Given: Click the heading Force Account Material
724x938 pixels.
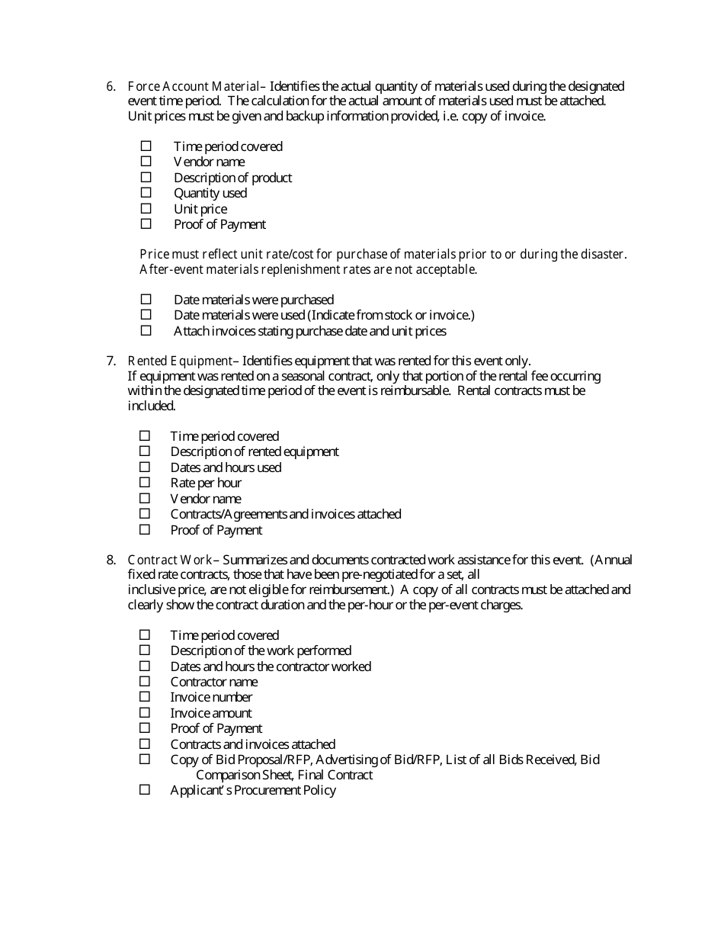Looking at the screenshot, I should (x=194, y=86).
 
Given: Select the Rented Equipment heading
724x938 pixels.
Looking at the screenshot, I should (x=179, y=361).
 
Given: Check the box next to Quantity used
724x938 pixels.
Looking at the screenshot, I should (x=146, y=193).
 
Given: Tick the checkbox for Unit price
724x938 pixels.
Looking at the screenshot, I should (x=146, y=208).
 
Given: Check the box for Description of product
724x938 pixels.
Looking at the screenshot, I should (x=146, y=177).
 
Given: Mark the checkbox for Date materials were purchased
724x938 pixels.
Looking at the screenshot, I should (x=146, y=300).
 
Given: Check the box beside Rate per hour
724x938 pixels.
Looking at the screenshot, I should (x=145, y=483).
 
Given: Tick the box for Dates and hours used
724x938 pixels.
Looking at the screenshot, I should (x=145, y=467).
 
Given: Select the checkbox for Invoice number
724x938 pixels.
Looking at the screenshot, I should (x=145, y=697).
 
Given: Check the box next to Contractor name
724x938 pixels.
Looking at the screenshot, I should (x=145, y=681).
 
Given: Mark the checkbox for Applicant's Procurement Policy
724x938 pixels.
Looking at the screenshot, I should (x=145, y=790).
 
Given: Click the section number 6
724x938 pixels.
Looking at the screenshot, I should (x=110, y=86).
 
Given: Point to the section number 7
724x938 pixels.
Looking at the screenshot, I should (x=110, y=361).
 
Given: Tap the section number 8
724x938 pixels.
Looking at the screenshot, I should (x=110, y=560).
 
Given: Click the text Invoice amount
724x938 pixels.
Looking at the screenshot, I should (x=211, y=713).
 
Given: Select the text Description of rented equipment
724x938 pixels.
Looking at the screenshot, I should (x=255, y=451).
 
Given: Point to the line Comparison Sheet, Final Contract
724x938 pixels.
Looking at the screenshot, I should (x=284, y=775).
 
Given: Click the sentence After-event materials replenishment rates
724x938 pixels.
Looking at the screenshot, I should (x=308, y=269).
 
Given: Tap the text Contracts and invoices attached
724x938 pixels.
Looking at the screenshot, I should (x=252, y=744).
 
